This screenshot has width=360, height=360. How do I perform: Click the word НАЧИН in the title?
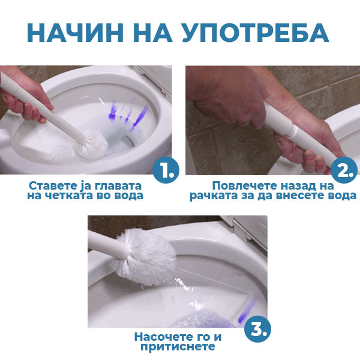[76, 32]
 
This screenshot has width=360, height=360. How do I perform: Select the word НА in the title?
[152, 32]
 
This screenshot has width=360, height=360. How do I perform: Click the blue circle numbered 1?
[166, 170]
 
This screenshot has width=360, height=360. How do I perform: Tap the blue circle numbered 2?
[344, 170]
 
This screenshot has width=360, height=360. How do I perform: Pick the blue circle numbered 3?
[257, 329]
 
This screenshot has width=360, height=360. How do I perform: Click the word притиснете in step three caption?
[178, 347]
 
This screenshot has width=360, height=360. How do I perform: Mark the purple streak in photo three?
[247, 310]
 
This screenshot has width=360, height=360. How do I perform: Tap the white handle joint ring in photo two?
[293, 131]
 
